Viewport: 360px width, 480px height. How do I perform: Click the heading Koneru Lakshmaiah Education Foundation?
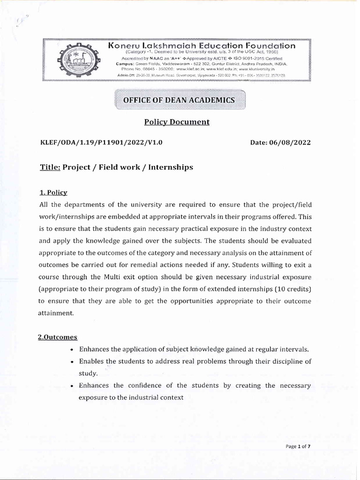tap(202, 46)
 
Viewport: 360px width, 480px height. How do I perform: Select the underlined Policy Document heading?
tap(177, 122)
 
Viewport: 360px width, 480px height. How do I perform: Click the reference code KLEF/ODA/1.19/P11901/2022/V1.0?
tap(102, 142)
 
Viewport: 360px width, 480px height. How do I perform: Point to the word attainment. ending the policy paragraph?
tap(57, 313)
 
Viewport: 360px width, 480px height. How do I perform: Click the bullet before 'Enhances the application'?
tap(71, 350)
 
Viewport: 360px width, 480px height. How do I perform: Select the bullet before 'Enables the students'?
tap(71, 362)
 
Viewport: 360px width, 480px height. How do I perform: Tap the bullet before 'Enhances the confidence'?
tap(71, 386)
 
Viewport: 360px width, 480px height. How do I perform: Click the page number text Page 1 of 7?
tap(298, 447)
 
